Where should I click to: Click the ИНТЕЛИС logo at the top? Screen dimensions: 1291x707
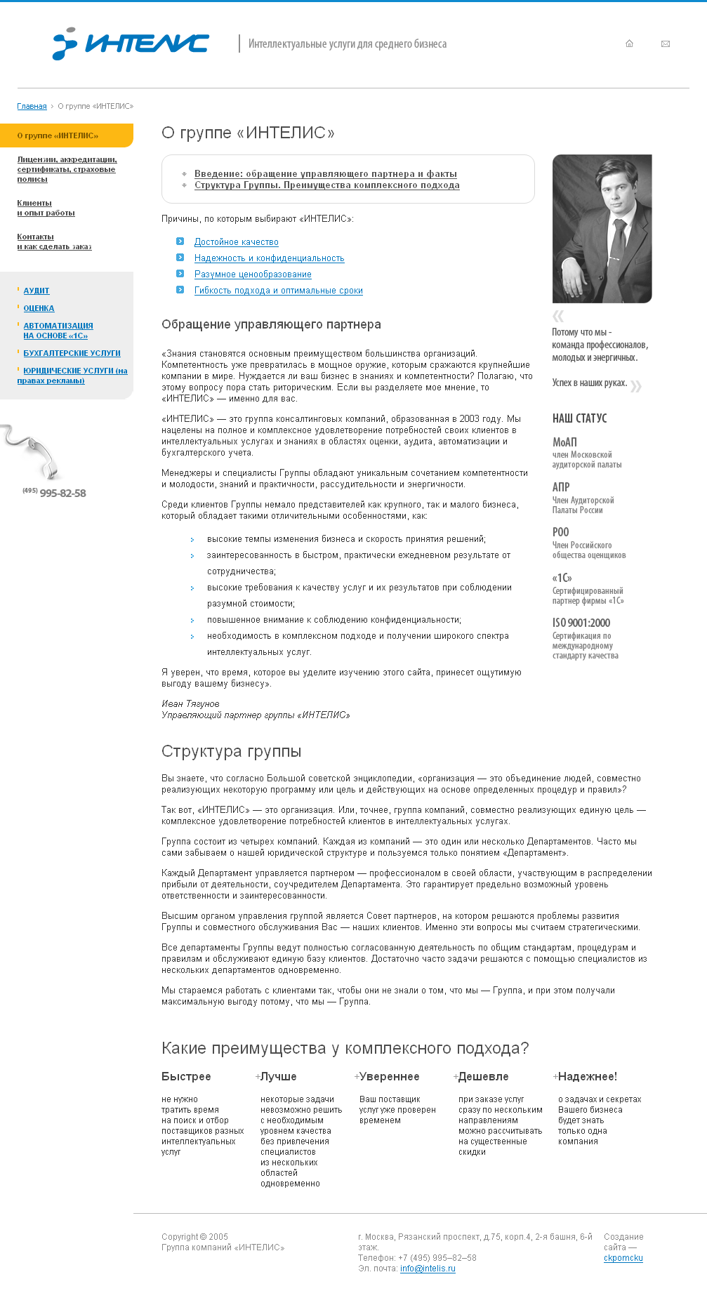(x=131, y=44)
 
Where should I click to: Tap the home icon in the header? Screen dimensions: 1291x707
(x=629, y=44)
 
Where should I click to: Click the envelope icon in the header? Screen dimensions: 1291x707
(x=666, y=44)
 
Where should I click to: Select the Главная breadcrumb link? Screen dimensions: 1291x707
(x=32, y=107)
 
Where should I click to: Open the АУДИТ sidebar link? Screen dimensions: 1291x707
(x=37, y=291)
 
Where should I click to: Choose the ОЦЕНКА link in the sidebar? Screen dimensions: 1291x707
(x=39, y=308)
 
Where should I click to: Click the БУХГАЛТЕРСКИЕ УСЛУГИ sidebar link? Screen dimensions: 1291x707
(x=72, y=353)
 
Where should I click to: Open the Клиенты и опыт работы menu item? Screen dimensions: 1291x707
(x=45, y=208)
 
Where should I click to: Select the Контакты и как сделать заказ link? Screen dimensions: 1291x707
(x=53, y=241)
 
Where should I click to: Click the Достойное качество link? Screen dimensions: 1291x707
(x=236, y=242)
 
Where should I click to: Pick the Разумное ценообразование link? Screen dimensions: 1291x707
(x=253, y=274)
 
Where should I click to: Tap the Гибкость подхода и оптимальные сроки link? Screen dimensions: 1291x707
(x=278, y=291)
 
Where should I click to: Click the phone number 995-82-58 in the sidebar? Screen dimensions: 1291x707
(x=62, y=494)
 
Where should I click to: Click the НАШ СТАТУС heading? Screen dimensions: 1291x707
(x=579, y=418)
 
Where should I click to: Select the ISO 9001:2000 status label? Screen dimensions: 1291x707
(x=581, y=623)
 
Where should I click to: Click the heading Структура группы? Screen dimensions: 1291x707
(x=231, y=751)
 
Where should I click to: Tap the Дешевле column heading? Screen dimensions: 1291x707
(x=483, y=1077)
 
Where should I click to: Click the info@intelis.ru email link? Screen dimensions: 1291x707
(x=428, y=1269)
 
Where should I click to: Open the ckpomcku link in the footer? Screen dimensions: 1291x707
(x=623, y=1258)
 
